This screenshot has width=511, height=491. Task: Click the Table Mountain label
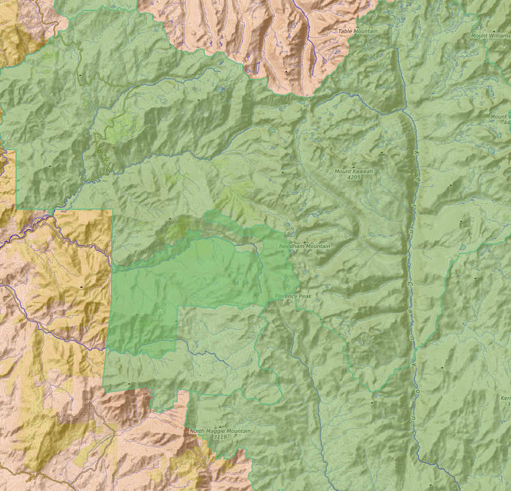pos(358,31)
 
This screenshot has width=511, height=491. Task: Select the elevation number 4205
pos(353,178)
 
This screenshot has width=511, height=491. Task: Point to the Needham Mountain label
pos(304,246)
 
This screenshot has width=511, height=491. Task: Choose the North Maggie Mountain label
pos(220,431)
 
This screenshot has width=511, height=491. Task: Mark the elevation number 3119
pos(220,437)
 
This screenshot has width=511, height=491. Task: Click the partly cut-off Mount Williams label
pos(491,36)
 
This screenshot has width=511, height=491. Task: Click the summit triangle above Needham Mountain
pos(304,241)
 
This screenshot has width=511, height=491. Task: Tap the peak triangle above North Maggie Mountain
pos(219,426)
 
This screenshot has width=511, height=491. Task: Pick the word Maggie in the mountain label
pos(220,431)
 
